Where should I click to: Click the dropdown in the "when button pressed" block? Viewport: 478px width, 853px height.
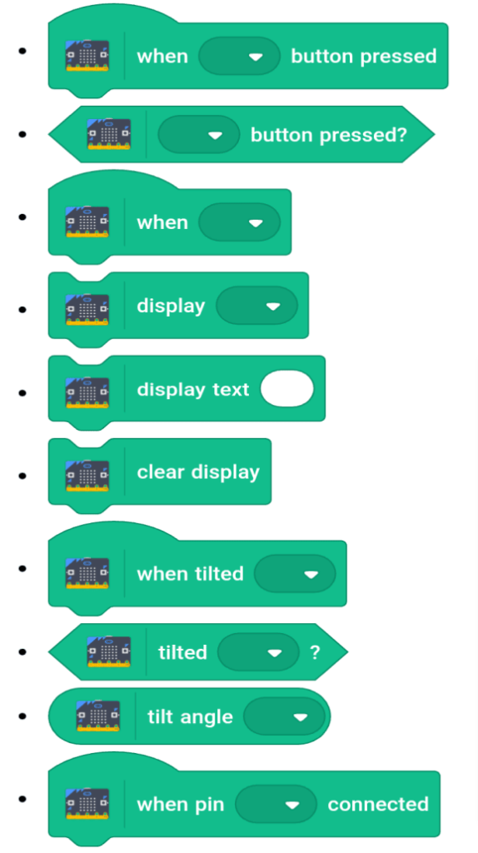click(x=239, y=56)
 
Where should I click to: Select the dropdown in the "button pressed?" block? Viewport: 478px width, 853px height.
click(x=198, y=134)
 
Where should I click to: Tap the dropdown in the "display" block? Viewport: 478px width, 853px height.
click(x=256, y=306)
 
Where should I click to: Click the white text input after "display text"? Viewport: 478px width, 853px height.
click(x=287, y=389)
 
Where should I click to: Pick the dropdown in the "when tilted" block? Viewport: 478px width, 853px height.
click(x=295, y=574)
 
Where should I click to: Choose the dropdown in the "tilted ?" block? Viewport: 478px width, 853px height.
click(x=258, y=652)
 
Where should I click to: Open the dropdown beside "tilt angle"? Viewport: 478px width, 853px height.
click(x=284, y=716)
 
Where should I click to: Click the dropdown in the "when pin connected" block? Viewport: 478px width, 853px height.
click(x=276, y=805)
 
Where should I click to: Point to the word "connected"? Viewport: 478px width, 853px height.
click(x=378, y=805)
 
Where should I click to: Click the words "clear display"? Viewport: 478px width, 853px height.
click(x=198, y=471)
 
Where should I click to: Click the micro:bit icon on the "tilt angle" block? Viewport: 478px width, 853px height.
click(x=98, y=716)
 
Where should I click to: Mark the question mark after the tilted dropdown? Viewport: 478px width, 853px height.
click(x=315, y=652)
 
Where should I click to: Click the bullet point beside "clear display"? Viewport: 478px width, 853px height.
click(x=22, y=476)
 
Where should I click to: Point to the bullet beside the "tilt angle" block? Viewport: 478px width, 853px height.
click(x=22, y=716)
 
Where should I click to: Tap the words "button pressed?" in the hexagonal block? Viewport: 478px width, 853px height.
click(x=328, y=134)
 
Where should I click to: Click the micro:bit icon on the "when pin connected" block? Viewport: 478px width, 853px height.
click(x=87, y=804)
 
